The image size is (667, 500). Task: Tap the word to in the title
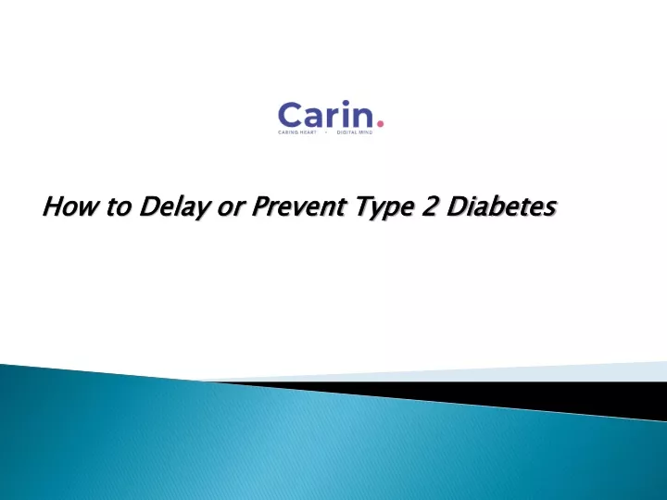point(119,207)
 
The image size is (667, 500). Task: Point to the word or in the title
point(232,209)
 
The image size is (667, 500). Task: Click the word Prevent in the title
point(298,206)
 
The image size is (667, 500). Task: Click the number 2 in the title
point(430,206)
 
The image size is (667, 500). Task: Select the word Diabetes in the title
point(501,206)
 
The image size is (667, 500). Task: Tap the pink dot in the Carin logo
point(381,124)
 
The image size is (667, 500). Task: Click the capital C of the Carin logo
point(290,115)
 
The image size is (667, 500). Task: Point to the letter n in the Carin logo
point(362,118)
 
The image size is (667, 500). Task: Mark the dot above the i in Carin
point(346,103)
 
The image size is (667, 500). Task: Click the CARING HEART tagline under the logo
point(297,132)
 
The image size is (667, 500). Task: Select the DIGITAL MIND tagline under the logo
point(355,132)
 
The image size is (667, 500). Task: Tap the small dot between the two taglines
point(327,132)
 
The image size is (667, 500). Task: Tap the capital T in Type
point(366,206)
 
